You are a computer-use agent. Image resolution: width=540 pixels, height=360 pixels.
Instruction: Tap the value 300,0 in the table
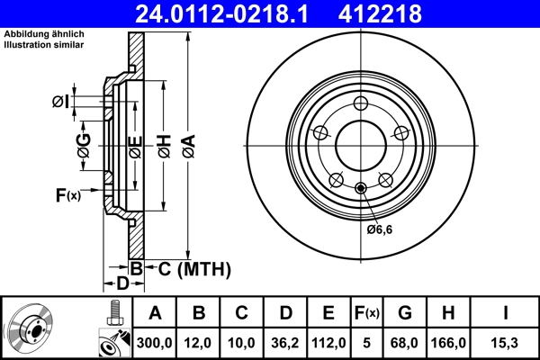[x=155, y=343]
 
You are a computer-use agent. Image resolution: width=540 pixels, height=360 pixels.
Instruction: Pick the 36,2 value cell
[x=285, y=343]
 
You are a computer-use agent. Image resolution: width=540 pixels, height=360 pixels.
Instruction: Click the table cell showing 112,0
[x=329, y=343]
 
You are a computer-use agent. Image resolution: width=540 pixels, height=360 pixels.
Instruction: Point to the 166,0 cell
[x=447, y=343]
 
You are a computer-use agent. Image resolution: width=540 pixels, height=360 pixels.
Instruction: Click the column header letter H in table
[x=447, y=313]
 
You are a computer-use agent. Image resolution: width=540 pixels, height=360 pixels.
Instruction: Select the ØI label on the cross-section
[x=61, y=102]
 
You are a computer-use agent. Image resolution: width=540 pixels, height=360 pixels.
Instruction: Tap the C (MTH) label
[x=188, y=268]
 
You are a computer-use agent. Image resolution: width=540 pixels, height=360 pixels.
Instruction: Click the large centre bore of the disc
[x=360, y=144]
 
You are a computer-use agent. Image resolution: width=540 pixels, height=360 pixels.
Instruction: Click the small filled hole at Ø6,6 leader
[x=360, y=187]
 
